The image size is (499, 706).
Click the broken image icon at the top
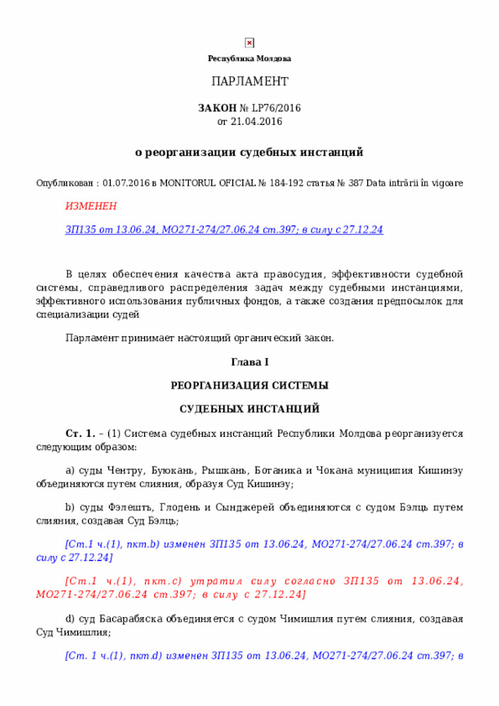coord(249,43)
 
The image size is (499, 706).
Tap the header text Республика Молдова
coord(249,59)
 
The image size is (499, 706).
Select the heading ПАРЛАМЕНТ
coord(249,82)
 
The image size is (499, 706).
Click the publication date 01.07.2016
coord(127,183)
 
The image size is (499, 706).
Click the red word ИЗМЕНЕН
coord(90,206)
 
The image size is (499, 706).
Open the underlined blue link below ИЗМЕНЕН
coord(224,229)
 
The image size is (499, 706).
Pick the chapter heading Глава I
coord(249,362)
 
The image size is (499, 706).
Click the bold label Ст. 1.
coord(80,433)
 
